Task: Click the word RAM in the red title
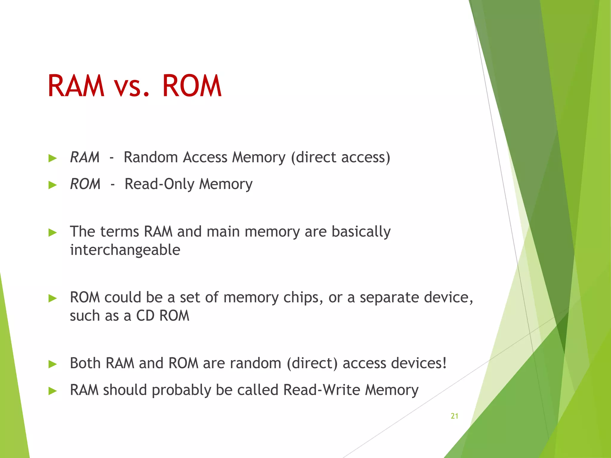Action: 76,86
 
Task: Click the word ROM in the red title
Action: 192,86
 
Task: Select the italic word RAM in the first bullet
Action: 84,157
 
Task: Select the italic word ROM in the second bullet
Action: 85,184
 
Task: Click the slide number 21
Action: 454,416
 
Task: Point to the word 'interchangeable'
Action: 125,250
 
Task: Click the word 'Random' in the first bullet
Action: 151,157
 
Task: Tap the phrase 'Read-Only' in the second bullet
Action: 159,184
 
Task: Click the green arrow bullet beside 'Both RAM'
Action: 53,364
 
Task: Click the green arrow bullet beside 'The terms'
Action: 53,233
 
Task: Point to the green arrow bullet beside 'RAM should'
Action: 53,391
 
